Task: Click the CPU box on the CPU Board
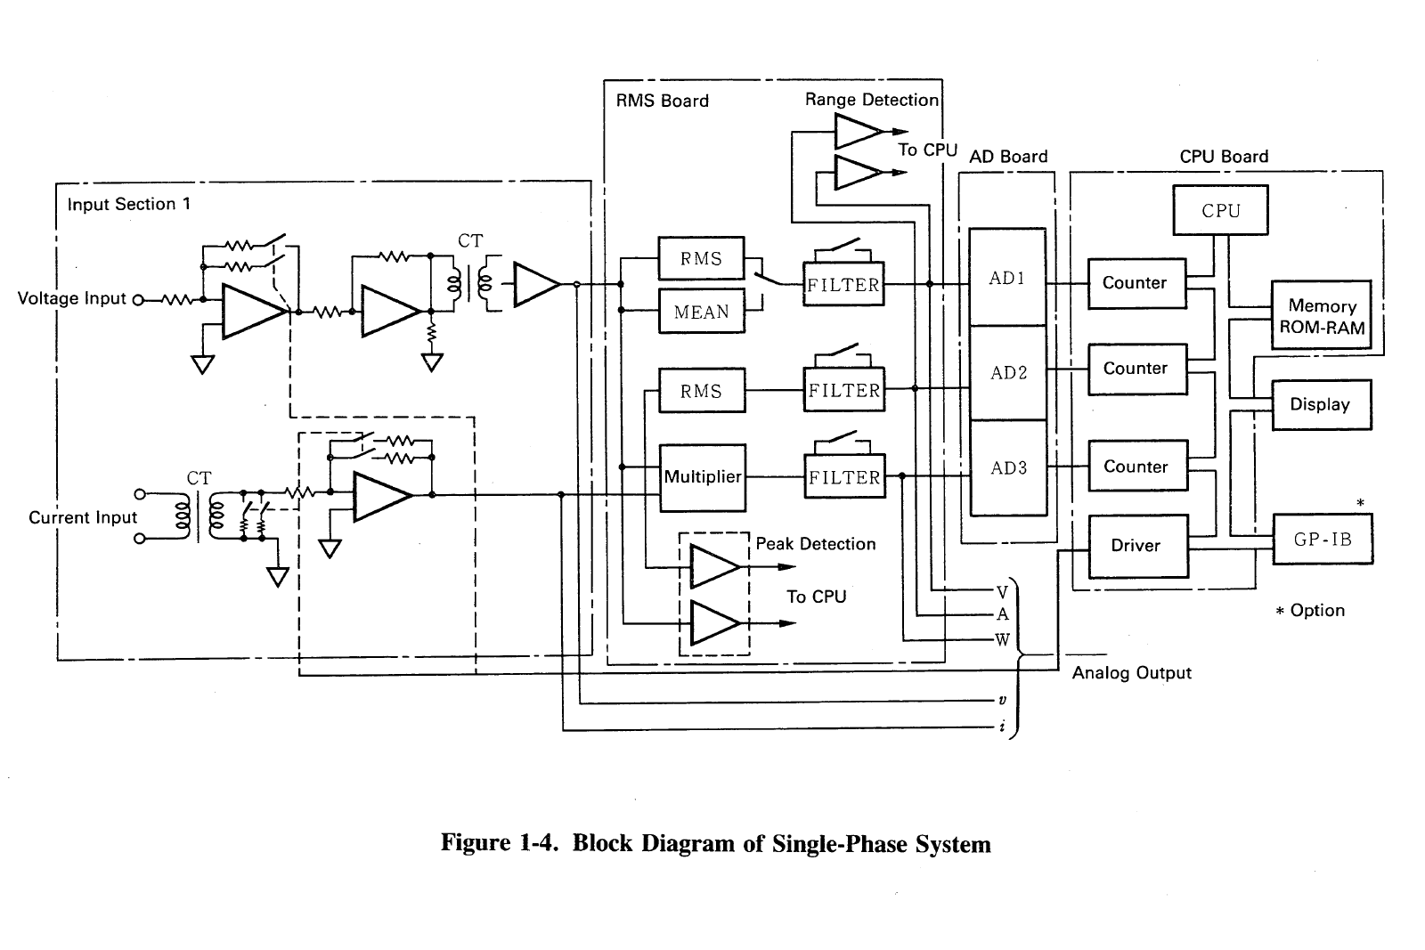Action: [x=1220, y=210]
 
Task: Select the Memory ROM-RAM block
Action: [x=1322, y=316]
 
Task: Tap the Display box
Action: [x=1320, y=404]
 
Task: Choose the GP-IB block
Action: [x=1322, y=539]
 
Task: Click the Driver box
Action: [x=1137, y=546]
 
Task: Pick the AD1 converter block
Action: [x=1007, y=278]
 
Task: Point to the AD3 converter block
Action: [x=1008, y=467]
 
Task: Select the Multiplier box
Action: [x=703, y=477]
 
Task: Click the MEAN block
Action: [x=701, y=312]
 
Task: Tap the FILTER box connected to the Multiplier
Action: [x=843, y=477]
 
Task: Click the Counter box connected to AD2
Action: [x=1136, y=369]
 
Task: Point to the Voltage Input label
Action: [x=72, y=298]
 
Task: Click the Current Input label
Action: [x=83, y=517]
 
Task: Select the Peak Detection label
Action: [x=815, y=544]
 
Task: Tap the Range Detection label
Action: [x=871, y=100]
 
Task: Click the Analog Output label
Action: [x=1131, y=673]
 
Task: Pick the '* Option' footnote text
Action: [x=1309, y=611]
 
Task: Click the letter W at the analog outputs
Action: [x=1002, y=639]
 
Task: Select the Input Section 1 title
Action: [x=128, y=204]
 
